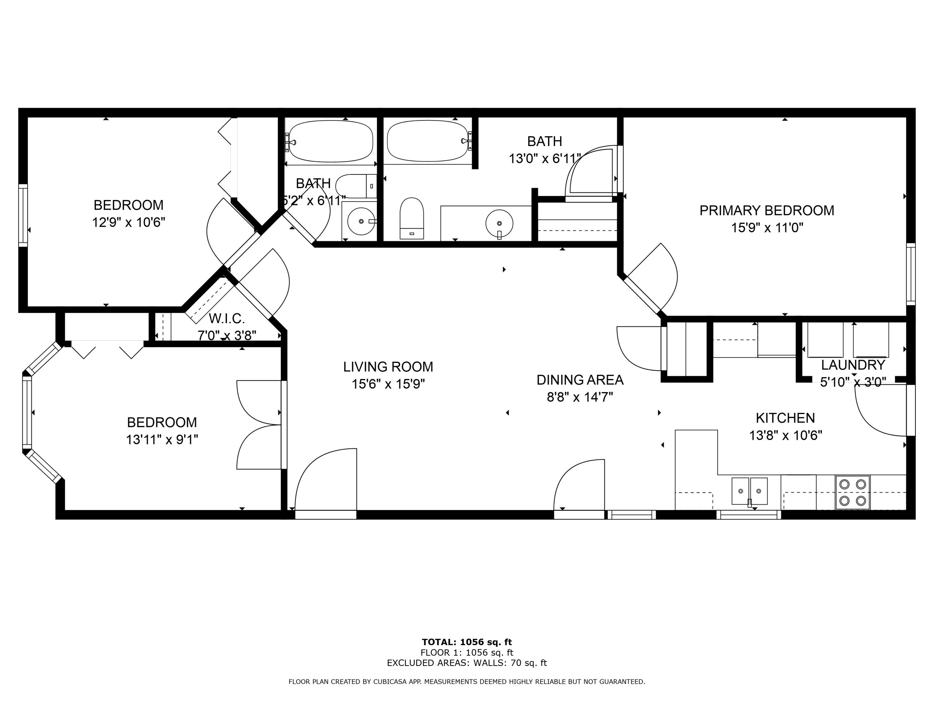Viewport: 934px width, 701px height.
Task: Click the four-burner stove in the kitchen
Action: (x=853, y=492)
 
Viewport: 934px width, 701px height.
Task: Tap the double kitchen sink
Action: (x=749, y=491)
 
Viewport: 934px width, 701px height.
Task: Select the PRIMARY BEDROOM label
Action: (x=767, y=210)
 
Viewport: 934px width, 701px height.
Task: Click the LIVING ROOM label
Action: (x=388, y=367)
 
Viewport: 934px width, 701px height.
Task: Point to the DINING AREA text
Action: (x=580, y=380)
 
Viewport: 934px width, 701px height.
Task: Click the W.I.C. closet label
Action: (x=227, y=318)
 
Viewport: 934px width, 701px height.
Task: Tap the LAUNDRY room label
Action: (x=853, y=365)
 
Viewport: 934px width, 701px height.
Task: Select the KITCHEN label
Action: (x=786, y=418)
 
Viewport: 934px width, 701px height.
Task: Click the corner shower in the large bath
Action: (x=591, y=173)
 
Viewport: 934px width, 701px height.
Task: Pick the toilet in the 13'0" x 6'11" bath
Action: (x=412, y=218)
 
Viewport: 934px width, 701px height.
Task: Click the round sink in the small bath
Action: (x=362, y=221)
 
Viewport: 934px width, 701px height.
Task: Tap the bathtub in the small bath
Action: (x=331, y=142)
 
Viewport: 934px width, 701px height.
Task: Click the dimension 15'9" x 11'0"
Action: (x=767, y=228)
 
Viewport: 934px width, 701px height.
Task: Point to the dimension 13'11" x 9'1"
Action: (x=162, y=440)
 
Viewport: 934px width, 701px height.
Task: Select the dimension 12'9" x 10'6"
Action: (x=128, y=222)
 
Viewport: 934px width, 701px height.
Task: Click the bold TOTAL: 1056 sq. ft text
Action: (x=467, y=643)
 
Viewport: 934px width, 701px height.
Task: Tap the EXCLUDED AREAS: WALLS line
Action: (x=467, y=663)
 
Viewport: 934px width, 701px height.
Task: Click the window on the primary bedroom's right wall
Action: (x=911, y=274)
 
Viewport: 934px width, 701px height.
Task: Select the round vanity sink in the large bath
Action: (x=499, y=223)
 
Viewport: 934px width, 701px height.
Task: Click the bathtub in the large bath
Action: (x=428, y=141)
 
